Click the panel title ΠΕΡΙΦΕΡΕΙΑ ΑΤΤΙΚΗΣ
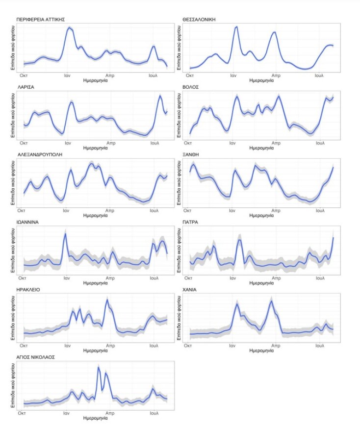pos(41,20)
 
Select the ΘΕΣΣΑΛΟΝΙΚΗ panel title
pos(199,20)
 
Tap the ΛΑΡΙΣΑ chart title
pos(26,87)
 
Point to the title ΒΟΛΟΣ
pos(191,87)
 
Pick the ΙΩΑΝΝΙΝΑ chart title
pos(28,222)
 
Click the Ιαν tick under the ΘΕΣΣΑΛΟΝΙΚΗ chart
pos(233,75)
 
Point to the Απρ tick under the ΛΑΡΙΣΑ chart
pos(111,143)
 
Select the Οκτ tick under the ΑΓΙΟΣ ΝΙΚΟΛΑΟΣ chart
pos(22,413)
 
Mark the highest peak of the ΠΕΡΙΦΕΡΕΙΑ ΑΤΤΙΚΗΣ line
pos(69,28)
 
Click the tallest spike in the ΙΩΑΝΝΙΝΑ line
pos(65,234)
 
